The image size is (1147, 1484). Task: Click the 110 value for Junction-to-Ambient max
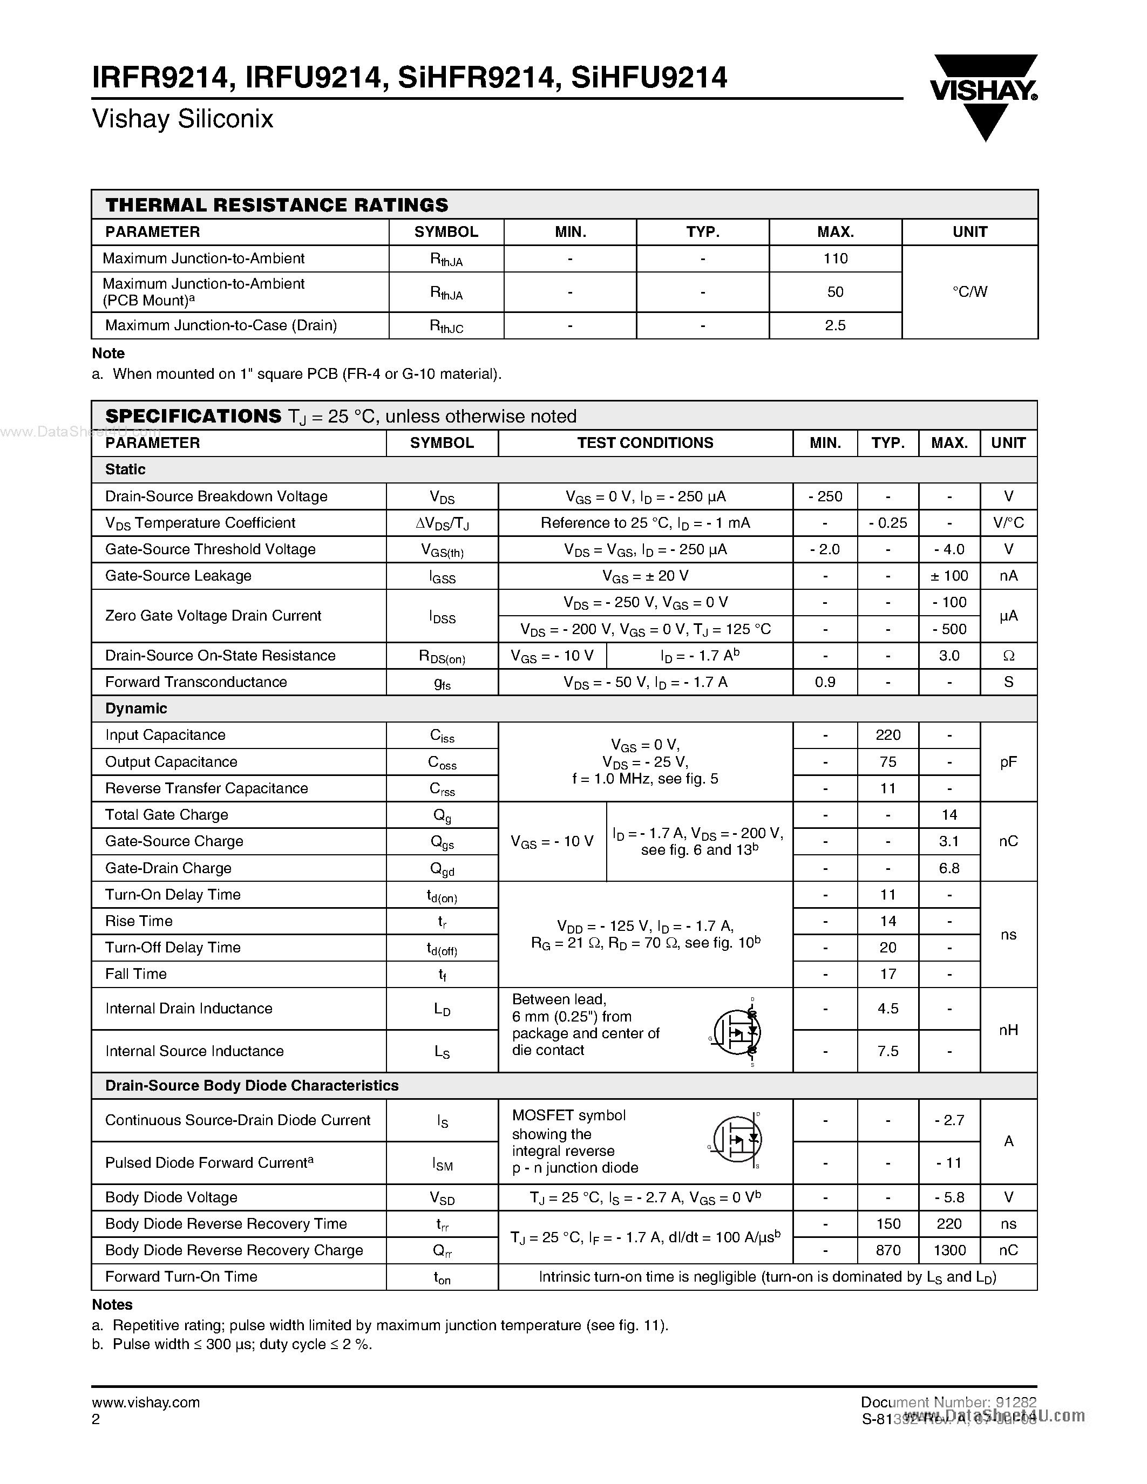[835, 258]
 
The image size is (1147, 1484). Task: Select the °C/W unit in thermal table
[969, 291]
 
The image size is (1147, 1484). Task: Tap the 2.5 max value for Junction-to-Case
[835, 325]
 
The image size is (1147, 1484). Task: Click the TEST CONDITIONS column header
[645, 443]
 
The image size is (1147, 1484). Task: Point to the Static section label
[125, 469]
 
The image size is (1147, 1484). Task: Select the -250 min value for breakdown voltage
[825, 496]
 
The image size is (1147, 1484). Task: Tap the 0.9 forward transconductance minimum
[825, 682]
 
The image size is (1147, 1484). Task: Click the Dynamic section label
[136, 709]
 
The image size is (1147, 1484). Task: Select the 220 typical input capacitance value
[887, 735]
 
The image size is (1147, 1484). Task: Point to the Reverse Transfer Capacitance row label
[207, 788]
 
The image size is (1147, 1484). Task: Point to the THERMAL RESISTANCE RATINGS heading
[276, 205]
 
